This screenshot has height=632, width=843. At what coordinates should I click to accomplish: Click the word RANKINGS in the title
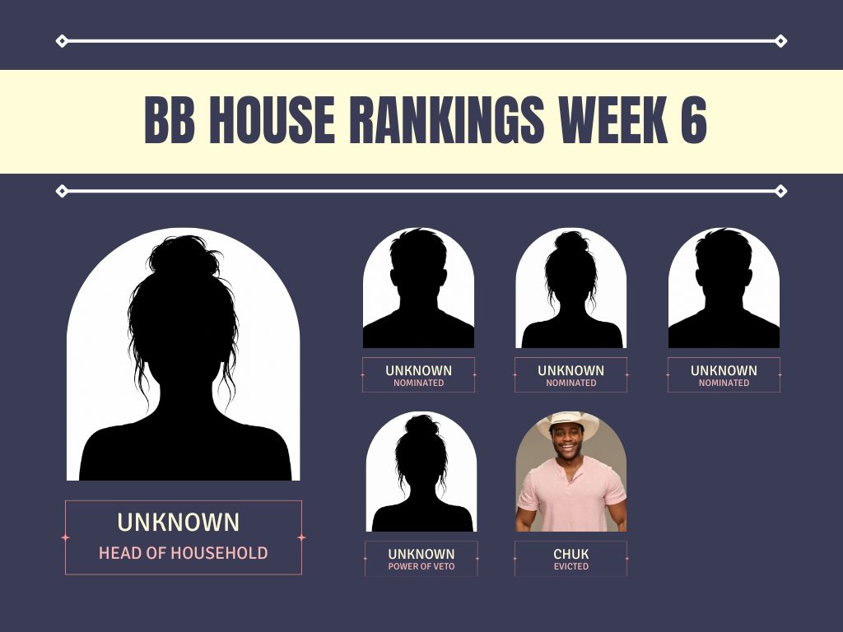click(x=447, y=120)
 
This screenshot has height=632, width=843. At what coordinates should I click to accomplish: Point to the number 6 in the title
click(x=694, y=120)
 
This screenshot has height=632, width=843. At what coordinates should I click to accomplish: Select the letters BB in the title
click(x=170, y=120)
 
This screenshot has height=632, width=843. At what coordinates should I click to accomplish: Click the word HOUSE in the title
click(x=272, y=120)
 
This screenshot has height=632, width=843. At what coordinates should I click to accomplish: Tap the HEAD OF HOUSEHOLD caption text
click(x=184, y=553)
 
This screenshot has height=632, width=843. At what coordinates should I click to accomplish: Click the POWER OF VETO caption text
click(x=421, y=566)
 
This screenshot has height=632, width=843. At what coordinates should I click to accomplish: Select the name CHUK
click(x=571, y=554)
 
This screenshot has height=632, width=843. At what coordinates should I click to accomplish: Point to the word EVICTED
click(x=571, y=566)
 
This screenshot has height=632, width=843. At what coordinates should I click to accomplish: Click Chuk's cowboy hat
click(x=569, y=423)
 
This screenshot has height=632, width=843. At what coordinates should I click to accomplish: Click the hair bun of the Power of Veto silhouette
click(x=422, y=425)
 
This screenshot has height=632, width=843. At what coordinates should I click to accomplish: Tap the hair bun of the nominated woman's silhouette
click(x=571, y=241)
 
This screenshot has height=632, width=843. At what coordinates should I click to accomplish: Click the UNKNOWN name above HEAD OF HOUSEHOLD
click(x=179, y=522)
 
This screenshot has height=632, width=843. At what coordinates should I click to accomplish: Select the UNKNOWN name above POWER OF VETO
click(x=421, y=554)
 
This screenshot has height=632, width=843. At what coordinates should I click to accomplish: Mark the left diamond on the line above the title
click(x=62, y=41)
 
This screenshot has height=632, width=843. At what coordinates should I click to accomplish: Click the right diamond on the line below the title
click(x=781, y=191)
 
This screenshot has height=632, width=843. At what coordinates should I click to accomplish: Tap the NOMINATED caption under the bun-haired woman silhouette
click(x=571, y=383)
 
